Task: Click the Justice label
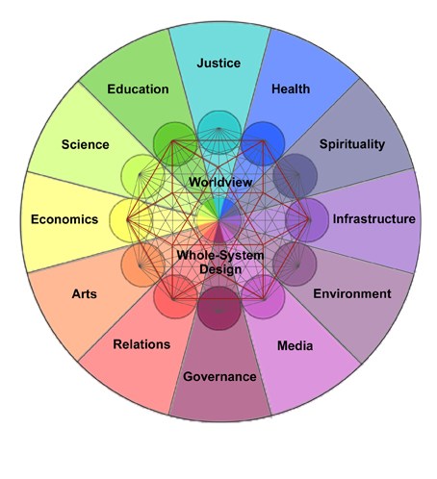[x=218, y=63]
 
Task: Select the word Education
[x=138, y=89]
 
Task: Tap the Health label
[x=291, y=88]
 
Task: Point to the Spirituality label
[x=352, y=144]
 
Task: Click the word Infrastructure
[x=373, y=219]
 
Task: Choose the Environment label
[x=352, y=293]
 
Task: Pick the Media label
[x=295, y=345]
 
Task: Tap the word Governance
[x=219, y=376]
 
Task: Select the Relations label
[x=141, y=344]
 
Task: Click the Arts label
[x=84, y=293]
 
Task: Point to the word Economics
[x=64, y=219]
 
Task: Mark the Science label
[x=85, y=144]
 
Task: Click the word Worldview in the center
[x=220, y=182]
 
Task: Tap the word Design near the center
[x=220, y=269]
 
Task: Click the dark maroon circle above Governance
[x=218, y=309]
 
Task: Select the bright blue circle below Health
[x=263, y=143]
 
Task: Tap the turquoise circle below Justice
[x=218, y=133]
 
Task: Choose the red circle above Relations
[x=175, y=296]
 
